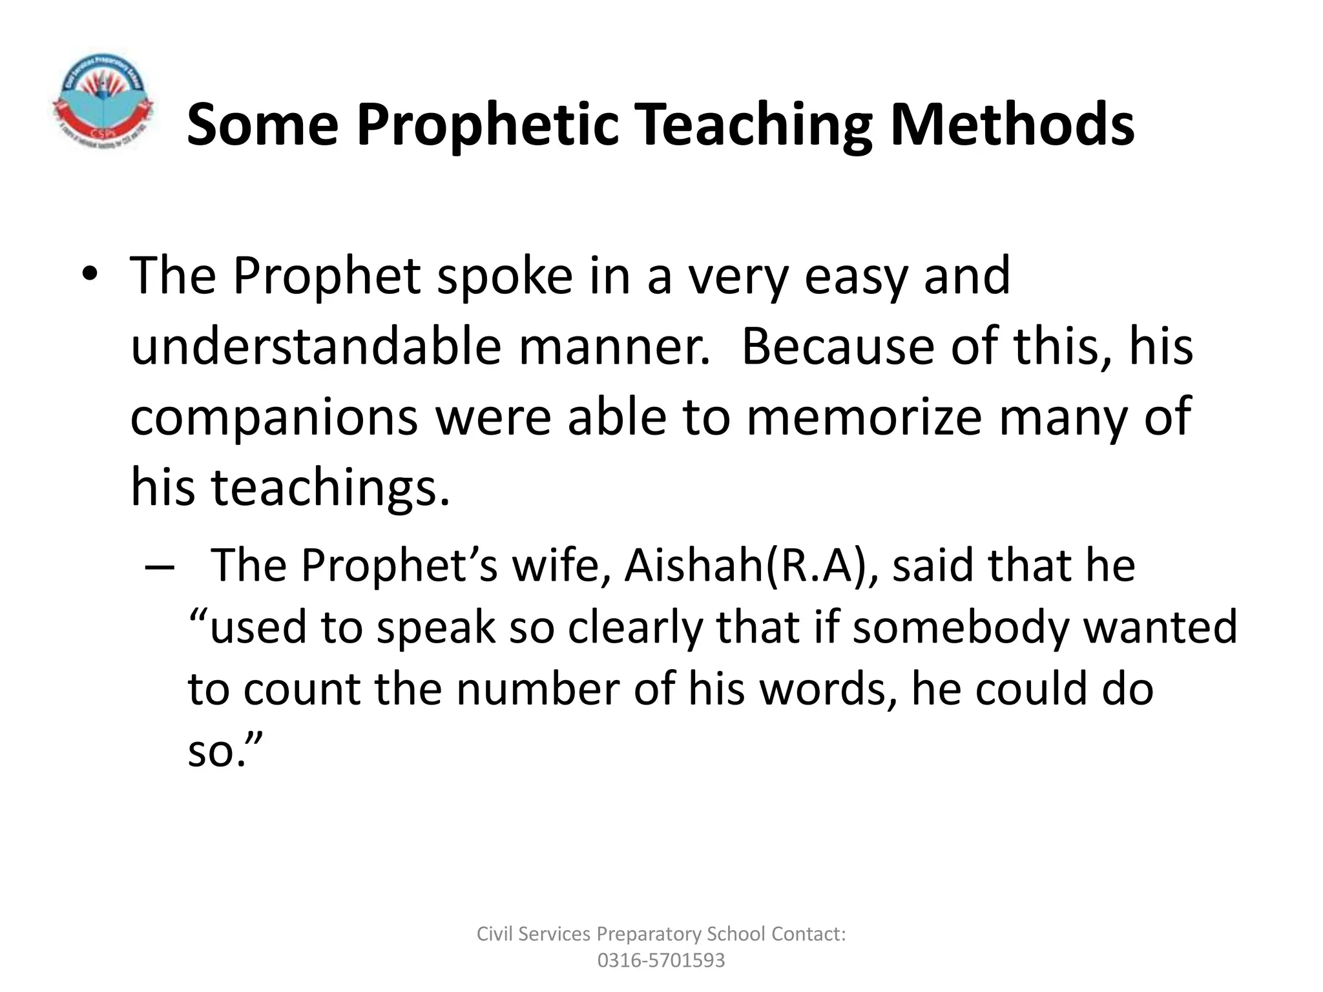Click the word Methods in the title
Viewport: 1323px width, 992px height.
pyautogui.click(x=1012, y=124)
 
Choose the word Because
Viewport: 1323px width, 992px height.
pyautogui.click(x=837, y=347)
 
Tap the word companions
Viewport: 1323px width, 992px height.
pyautogui.click(x=274, y=417)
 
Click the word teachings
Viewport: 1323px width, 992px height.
pyautogui.click(x=329, y=487)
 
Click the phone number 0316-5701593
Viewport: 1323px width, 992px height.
pyautogui.click(x=661, y=960)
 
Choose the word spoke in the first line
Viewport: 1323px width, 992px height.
pyautogui.click(x=505, y=276)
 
